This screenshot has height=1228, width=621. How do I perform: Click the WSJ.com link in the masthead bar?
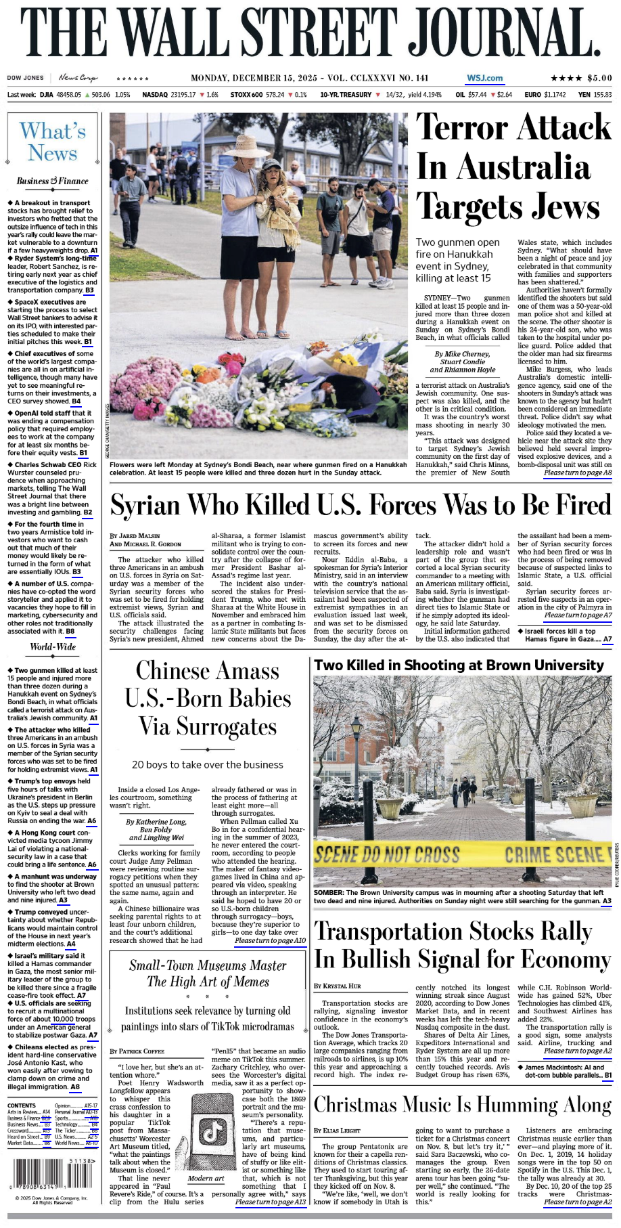point(484,78)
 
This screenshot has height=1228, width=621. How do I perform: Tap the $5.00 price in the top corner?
point(599,78)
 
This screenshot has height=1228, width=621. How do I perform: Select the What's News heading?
point(53,141)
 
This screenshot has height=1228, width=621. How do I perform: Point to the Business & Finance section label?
point(53,181)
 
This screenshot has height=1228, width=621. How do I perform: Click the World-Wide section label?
point(53,646)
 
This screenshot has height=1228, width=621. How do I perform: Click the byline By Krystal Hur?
point(338,986)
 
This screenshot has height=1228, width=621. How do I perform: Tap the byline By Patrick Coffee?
point(137,1051)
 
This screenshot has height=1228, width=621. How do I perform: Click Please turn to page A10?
point(270,940)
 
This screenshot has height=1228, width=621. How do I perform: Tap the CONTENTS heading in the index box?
point(22,1105)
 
